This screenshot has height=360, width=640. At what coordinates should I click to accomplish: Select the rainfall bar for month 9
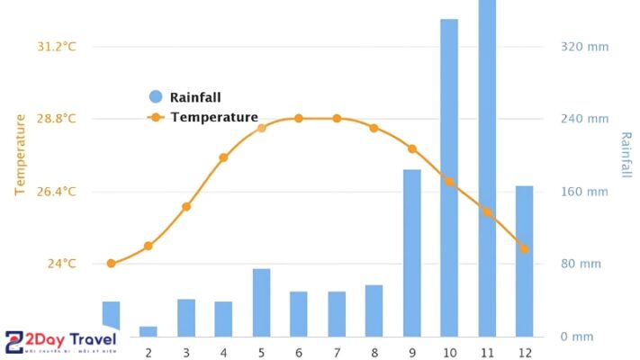411,253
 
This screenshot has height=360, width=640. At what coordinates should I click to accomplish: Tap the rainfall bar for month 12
524,261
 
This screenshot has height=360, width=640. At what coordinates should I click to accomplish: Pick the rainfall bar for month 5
261,302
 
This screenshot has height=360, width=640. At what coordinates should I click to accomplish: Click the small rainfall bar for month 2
149,331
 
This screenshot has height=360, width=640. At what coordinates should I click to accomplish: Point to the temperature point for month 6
299,119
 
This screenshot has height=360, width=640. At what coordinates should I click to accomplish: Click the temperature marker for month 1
111,264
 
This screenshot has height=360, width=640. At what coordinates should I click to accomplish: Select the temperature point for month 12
524,248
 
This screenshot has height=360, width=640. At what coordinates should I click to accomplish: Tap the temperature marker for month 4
223,157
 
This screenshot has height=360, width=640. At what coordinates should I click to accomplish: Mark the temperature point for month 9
411,148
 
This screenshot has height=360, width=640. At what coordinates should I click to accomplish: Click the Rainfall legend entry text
195,97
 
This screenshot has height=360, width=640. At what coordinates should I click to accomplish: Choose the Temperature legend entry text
214,117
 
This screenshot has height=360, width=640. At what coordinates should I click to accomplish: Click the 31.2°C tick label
56,46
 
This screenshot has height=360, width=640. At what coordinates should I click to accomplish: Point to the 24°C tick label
61,264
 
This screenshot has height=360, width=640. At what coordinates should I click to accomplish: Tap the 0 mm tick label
576,337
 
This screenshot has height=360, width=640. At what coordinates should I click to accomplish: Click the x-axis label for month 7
337,352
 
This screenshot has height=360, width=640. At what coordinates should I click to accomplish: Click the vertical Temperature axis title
21,154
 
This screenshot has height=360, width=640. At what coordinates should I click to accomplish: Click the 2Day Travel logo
61,341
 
